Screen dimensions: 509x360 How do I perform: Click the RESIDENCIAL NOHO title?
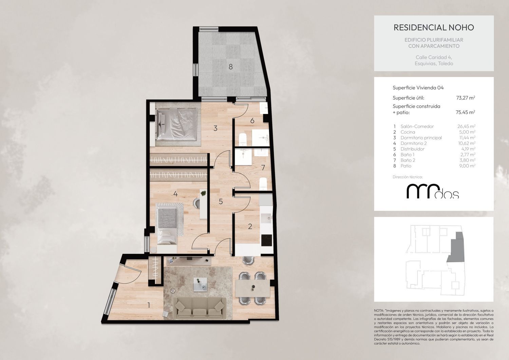tap(434, 27)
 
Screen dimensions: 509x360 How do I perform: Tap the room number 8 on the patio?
tap(231, 67)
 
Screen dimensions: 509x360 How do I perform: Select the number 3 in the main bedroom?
tap(215, 128)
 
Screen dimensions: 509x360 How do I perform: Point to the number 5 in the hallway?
tap(221, 201)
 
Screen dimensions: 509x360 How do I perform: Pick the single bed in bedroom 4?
tap(167, 226)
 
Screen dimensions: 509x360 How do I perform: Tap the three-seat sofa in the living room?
tap(200, 308)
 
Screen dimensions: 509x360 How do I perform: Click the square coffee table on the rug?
tap(200, 284)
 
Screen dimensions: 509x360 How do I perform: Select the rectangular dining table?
tap(252, 288)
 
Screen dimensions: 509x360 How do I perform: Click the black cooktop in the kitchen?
tap(266, 240)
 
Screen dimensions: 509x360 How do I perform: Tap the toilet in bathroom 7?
tap(263, 184)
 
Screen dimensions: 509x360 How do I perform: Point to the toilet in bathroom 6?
tap(243, 139)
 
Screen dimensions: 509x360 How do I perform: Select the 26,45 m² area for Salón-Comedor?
tap(466, 126)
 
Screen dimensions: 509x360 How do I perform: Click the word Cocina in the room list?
tap(408, 132)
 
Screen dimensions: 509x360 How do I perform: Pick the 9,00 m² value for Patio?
tap(467, 166)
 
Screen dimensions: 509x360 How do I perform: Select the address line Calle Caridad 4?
tap(434, 57)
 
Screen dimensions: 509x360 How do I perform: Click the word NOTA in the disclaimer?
tap(379, 310)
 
